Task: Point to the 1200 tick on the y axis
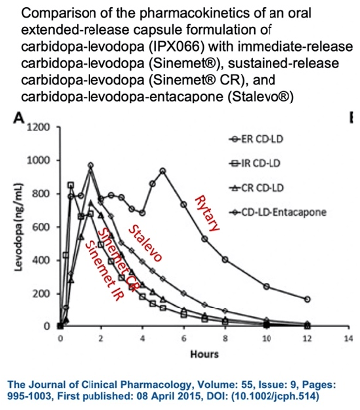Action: (38, 127)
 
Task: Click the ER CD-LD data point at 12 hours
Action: (307, 299)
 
